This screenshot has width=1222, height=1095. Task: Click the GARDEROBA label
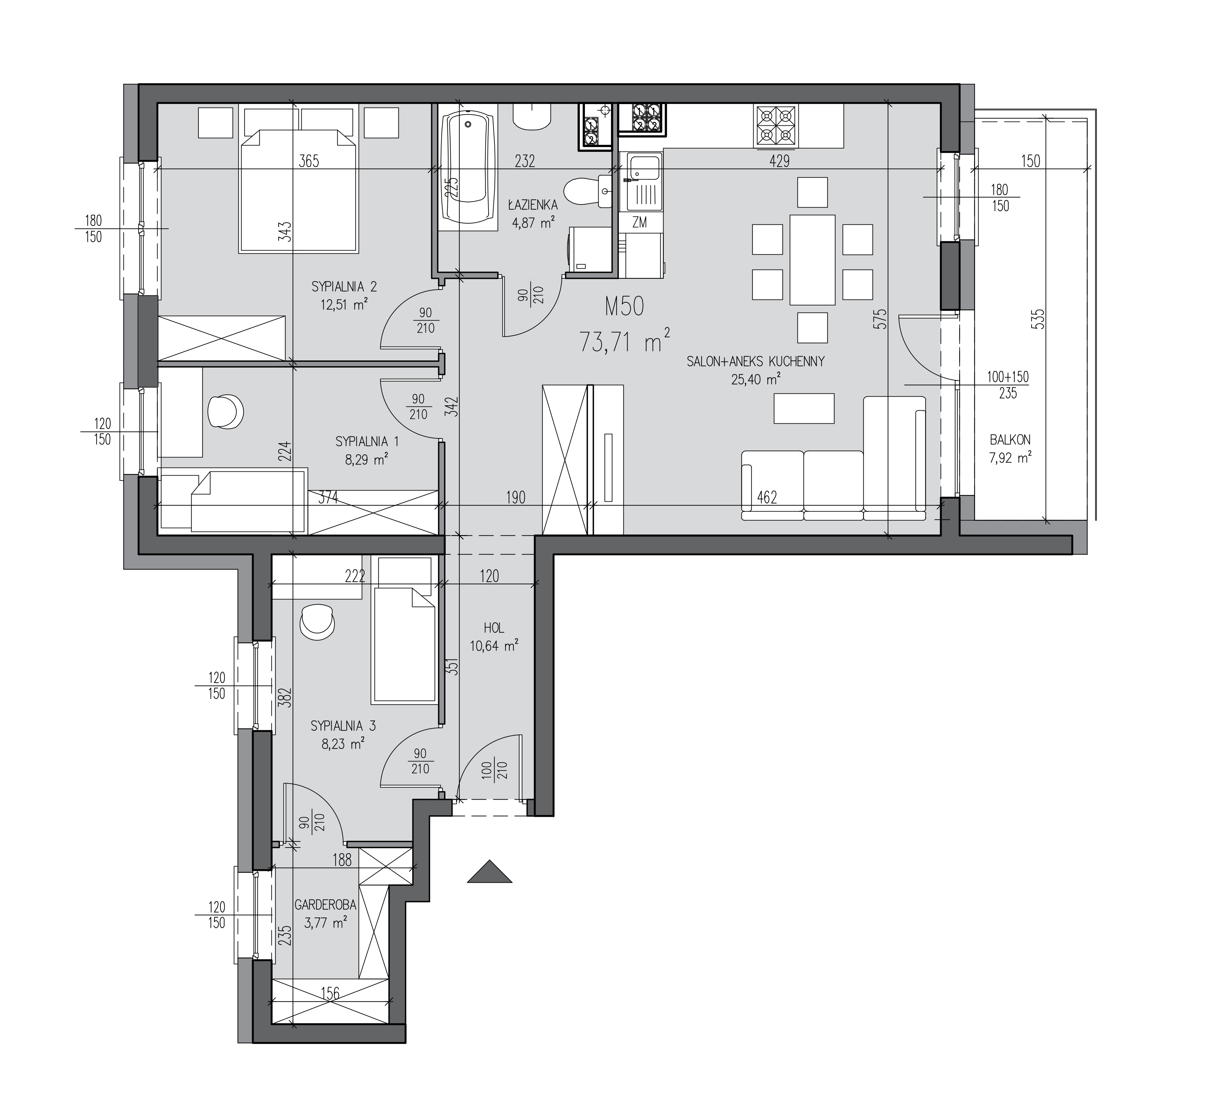pos(325,905)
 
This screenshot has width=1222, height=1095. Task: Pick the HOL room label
pos(494,628)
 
